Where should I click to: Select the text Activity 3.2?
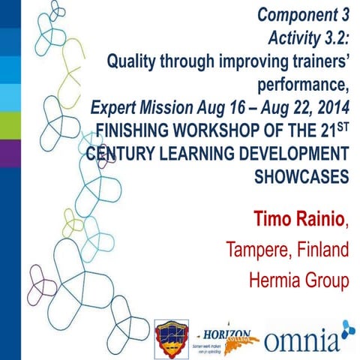click(308, 37)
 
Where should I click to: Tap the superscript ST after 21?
click(343, 120)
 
